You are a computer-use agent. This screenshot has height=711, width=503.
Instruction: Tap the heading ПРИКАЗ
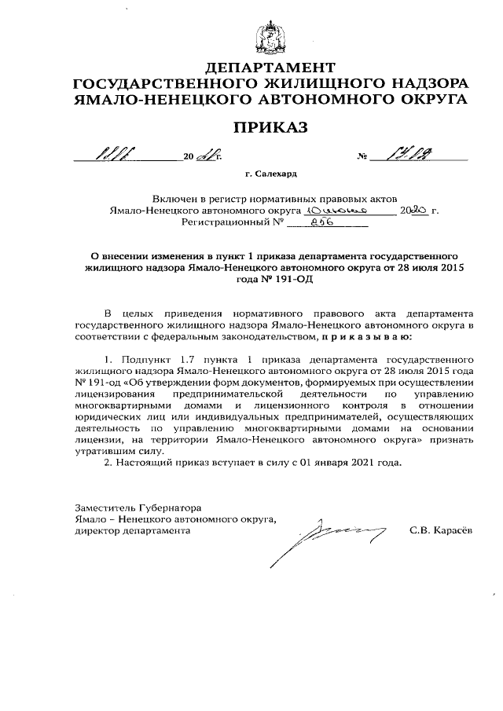click(270, 126)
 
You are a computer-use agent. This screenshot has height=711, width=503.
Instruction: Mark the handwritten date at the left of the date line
click(108, 156)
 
